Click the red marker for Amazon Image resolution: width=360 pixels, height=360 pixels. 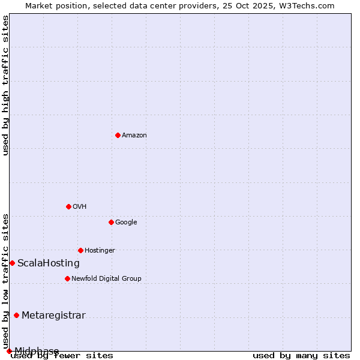(x=118, y=135)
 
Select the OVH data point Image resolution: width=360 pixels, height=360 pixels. (x=68, y=206)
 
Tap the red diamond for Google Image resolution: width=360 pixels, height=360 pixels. (x=111, y=222)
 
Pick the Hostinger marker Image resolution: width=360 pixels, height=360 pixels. (x=80, y=250)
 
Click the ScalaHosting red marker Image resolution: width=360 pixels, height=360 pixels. (x=12, y=263)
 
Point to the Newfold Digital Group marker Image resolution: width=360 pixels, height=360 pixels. (x=67, y=278)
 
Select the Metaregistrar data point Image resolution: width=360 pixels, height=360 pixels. (x=16, y=316)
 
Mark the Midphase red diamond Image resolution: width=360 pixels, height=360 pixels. (x=9, y=351)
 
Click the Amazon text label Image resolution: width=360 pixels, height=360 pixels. (x=134, y=136)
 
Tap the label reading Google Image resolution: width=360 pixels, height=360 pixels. (x=126, y=223)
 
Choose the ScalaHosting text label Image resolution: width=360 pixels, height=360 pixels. (x=49, y=263)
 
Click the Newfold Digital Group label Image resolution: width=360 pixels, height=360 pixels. (x=106, y=278)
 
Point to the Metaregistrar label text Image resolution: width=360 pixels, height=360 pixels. (x=53, y=316)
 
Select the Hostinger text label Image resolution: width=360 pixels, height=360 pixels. (x=100, y=251)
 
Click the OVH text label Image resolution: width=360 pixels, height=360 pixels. (x=80, y=207)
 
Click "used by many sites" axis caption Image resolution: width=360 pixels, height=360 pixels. (x=301, y=356)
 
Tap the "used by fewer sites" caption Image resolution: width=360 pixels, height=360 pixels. (x=62, y=356)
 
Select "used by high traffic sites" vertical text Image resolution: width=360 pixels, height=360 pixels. (x=5, y=85)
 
